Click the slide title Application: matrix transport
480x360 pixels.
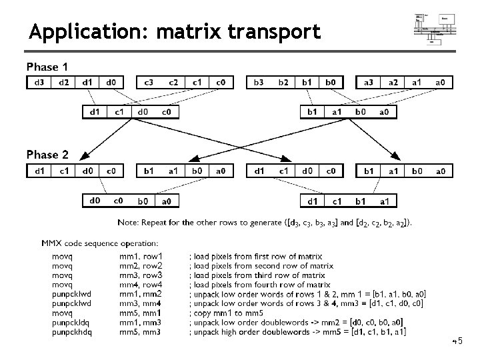[x=175, y=31]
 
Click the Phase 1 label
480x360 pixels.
[x=47, y=67]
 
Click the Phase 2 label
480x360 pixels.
[x=47, y=155]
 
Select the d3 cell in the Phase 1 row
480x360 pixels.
[x=39, y=83]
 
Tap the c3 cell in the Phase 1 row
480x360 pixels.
[x=149, y=83]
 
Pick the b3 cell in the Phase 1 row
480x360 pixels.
[x=259, y=83]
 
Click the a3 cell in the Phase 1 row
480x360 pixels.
[x=369, y=83]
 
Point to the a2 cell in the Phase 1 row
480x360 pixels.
[x=393, y=83]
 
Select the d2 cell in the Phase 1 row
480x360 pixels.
[x=63, y=83]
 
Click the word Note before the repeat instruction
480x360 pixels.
[x=128, y=222]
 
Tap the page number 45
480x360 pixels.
[x=458, y=342]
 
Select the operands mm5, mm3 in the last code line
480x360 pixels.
[x=141, y=331]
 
